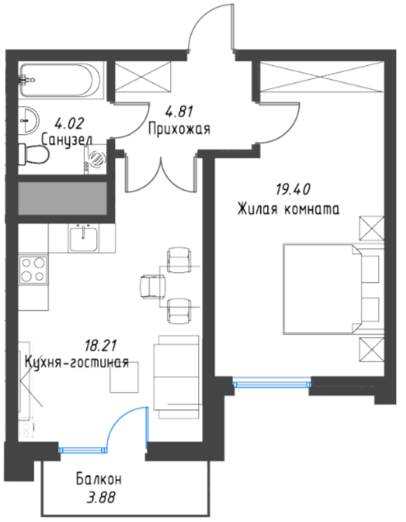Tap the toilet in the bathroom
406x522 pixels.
tap(33, 154)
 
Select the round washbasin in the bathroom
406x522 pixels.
tap(29, 120)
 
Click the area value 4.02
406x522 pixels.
tap(69, 123)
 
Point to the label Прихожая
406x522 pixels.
tap(179, 128)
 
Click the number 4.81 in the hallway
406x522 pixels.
tap(179, 112)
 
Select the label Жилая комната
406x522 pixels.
tap(288, 210)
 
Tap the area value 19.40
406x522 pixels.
tap(293, 190)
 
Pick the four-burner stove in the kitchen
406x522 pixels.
tap(33, 270)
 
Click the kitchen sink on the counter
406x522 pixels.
tap(84, 238)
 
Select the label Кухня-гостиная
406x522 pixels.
tap(77, 362)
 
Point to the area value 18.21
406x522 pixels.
tap(99, 346)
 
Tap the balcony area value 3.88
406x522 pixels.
tap(101, 498)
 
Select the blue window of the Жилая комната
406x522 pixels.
tap(271, 381)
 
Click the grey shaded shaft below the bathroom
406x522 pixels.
tap(62, 198)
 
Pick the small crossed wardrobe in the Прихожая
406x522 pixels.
tap(142, 76)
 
